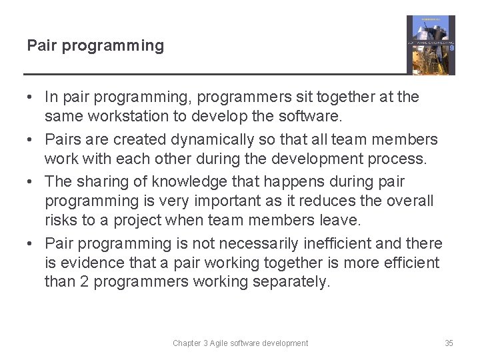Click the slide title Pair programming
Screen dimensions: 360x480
click(95, 46)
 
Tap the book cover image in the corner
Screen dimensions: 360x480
click(431, 45)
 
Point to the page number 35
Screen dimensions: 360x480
click(449, 343)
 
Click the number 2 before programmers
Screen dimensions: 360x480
click(84, 282)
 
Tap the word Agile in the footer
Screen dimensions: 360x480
click(226, 343)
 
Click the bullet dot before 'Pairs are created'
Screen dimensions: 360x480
click(31, 139)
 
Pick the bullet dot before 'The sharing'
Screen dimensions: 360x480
click(31, 181)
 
